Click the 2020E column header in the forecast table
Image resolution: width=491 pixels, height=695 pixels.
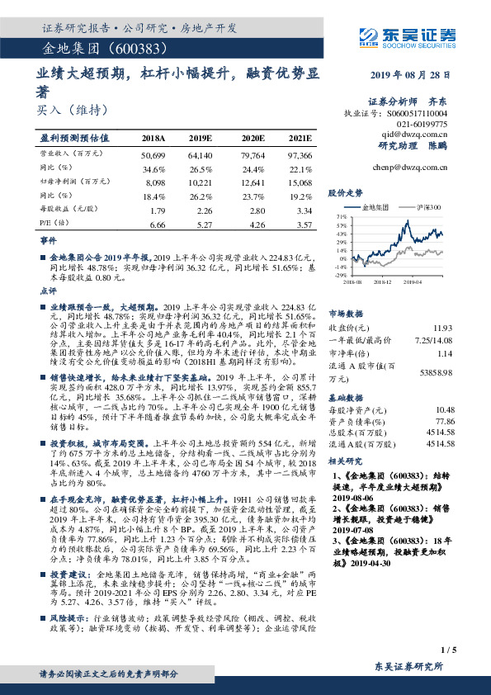[251, 138]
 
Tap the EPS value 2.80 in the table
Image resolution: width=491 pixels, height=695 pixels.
[253, 210]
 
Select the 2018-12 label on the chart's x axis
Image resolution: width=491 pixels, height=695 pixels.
[385, 281]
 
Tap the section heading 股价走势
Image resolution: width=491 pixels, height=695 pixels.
[344, 191]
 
